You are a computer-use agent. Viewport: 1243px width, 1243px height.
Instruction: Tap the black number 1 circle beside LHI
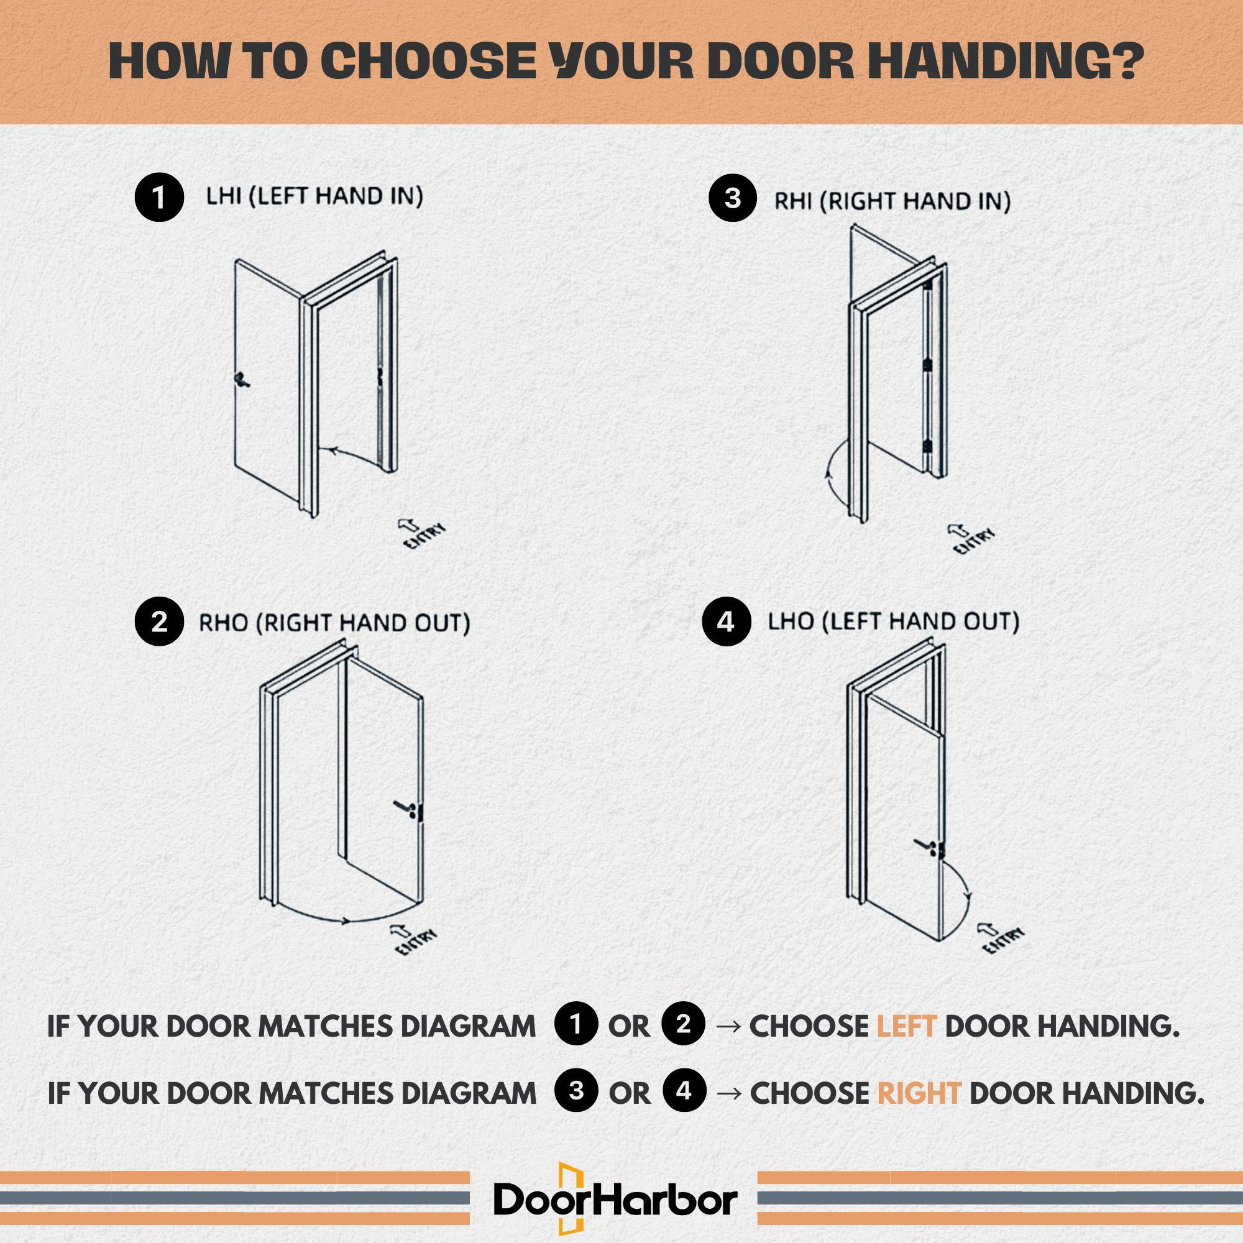[x=159, y=198]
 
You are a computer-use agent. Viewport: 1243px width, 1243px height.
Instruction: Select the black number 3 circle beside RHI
[x=733, y=198]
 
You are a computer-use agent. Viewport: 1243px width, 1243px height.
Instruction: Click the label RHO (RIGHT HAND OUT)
[x=334, y=623]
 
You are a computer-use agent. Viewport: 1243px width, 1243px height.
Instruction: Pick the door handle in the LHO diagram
[x=927, y=845]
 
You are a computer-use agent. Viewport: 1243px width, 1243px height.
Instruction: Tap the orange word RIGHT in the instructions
[x=919, y=1093]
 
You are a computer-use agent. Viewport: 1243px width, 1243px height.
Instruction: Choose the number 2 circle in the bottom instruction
[x=684, y=1024]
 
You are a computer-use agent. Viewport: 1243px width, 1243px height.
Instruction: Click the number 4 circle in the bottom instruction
[x=684, y=1091]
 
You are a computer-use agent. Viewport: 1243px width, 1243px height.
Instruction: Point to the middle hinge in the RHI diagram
[x=927, y=364]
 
